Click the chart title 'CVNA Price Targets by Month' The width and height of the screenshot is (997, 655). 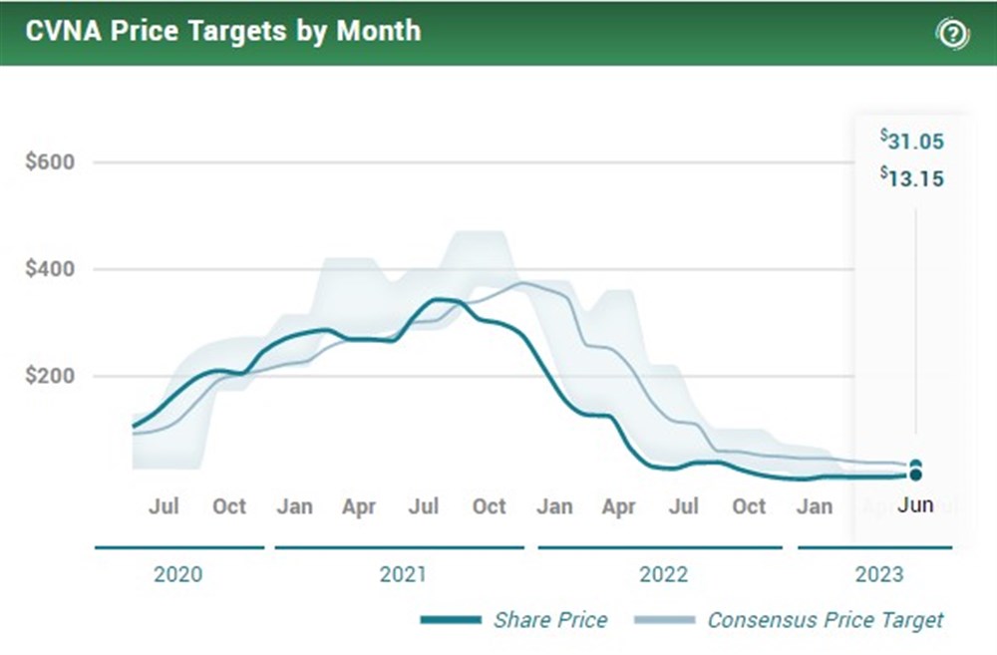pos(223,31)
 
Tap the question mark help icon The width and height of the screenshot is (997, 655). pos(952,34)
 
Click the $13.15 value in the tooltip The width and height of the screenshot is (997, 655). pos(912,178)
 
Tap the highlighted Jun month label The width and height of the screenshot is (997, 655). pos(915,504)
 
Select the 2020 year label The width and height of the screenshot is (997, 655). pos(178,574)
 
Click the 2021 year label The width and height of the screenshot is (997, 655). pos(403,574)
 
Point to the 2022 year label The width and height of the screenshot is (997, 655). pos(664,574)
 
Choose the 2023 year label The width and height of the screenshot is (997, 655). pos(879,574)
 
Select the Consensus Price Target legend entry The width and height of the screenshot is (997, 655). pos(825,619)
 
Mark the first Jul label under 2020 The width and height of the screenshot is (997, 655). pos(164,505)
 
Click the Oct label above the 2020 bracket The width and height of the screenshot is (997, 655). pos(228,505)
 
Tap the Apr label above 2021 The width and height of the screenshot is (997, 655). pos(359,505)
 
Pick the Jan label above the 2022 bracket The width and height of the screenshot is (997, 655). pos(554,505)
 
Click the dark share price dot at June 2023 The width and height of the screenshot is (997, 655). pos(915,475)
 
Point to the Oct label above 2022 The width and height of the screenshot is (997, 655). pos(749,505)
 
